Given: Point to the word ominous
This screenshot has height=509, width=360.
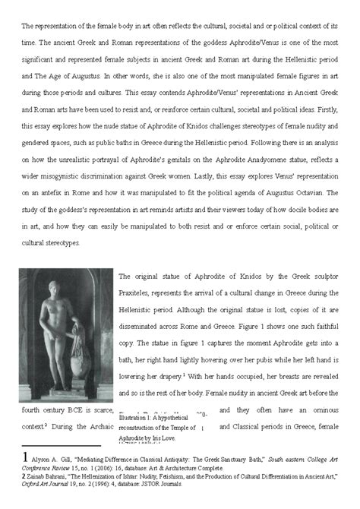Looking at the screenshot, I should pyautogui.click(x=319, y=410).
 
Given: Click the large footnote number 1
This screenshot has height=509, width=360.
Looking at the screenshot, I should pyautogui.click(x=27, y=459).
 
